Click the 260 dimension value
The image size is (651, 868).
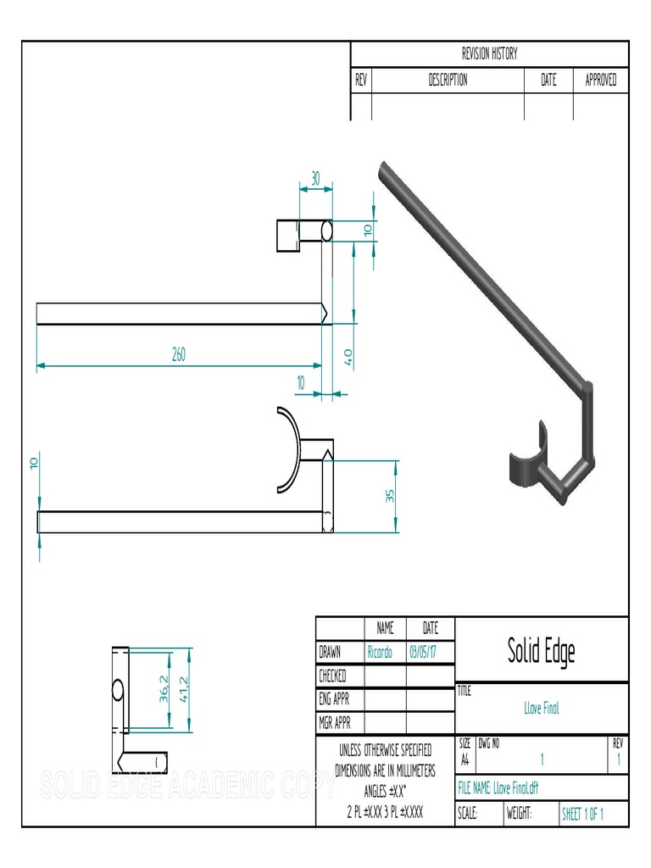coord(179,355)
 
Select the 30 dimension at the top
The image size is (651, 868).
coord(315,179)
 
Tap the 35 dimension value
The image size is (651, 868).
coord(391,496)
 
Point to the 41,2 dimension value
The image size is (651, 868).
coord(184,690)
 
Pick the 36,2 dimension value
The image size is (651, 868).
coord(164,690)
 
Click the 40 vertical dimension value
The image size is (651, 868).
coord(348,356)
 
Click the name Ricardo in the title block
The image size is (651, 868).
coord(380,652)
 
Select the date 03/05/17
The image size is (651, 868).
coord(424,652)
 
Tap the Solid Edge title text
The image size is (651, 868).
coord(542,651)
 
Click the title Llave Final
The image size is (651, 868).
coord(542,708)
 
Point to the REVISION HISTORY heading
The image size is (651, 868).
coord(489,54)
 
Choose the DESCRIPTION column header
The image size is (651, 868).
coord(447,81)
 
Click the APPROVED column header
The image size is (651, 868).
coord(601,81)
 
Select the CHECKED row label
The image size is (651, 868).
coord(332,676)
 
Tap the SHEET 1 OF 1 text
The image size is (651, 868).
coord(583,815)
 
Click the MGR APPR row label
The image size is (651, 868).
coord(335,723)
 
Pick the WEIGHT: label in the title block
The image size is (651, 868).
coord(519,815)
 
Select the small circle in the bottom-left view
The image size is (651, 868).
coord(118,690)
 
